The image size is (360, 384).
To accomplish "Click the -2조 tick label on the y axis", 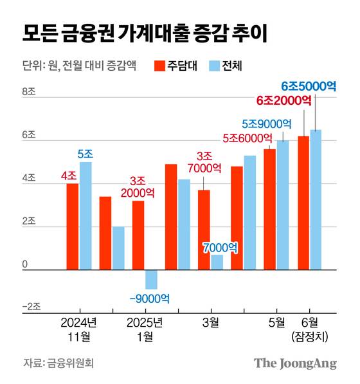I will coord(31,307).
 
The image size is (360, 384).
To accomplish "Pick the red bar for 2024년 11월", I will coord(73,226).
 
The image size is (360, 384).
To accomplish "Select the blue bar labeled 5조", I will coord(85,215).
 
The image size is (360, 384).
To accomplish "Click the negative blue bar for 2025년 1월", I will coord(151,280).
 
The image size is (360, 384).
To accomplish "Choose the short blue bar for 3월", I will coord(217,262).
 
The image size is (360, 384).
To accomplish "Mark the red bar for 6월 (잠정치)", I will coord(303,203).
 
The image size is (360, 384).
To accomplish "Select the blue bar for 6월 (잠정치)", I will coord(316,199).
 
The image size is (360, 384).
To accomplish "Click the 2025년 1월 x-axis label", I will coord(145,329).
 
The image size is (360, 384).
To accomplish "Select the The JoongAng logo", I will coord(295,363).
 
